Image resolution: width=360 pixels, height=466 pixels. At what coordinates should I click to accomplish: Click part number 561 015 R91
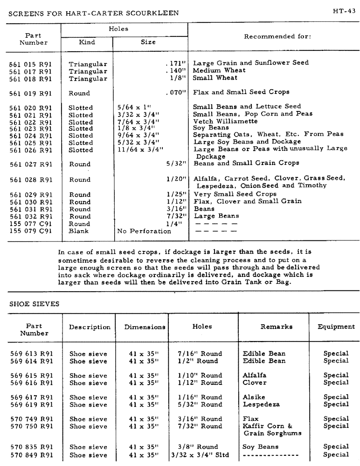31,64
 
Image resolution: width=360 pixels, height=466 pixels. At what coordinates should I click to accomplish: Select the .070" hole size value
176,93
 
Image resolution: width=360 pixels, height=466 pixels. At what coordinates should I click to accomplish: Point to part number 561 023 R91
31,128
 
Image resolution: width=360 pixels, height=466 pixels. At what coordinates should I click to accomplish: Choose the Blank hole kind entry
79,231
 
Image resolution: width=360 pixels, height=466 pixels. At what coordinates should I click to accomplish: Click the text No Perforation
144,231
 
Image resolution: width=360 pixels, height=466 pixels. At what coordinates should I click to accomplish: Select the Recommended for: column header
277,35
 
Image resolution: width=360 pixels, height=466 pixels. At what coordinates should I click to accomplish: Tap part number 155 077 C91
31,224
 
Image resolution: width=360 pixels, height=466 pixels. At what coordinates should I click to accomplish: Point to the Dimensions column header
145,327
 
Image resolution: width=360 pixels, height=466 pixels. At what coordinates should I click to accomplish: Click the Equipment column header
336,327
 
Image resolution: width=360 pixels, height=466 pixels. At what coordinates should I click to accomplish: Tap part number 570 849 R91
32,455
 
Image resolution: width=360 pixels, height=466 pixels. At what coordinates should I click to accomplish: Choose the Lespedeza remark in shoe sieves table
261,404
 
